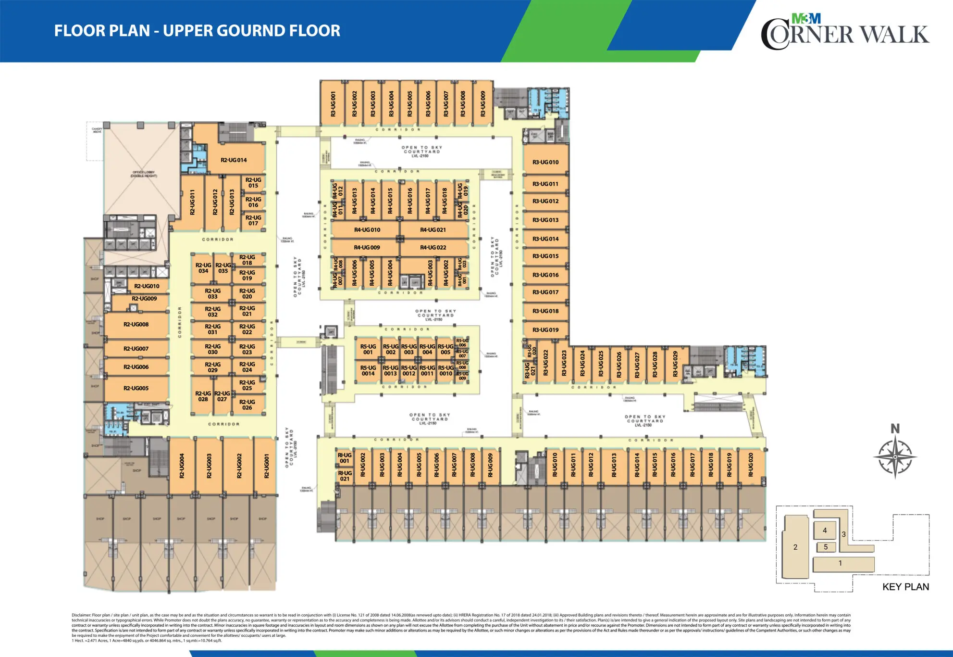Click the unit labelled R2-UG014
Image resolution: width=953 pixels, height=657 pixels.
pos(234,160)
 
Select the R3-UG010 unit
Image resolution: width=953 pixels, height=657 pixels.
pos(545,163)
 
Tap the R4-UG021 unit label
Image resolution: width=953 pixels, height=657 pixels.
pos(433,230)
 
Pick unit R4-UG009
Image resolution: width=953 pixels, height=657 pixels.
pos(367,248)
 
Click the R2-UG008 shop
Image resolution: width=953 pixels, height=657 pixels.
pos(136,325)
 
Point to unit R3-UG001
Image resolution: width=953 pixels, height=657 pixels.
pos(333,104)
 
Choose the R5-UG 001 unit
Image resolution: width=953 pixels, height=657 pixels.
pos(368,350)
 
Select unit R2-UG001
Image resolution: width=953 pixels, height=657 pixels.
pos(267,466)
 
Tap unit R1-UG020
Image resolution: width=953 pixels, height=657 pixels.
pos(751,465)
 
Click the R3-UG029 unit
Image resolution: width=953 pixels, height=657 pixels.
pos(675,364)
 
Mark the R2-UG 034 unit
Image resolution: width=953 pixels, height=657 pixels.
pos(203,268)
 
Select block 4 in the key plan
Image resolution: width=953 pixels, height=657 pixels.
pos(825,531)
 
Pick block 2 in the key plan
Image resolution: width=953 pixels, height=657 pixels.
pos(795,547)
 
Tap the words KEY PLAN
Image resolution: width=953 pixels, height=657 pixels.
pos(905,587)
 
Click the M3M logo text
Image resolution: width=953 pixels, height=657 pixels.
pos(806,19)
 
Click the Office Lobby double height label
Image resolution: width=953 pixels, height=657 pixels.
pos(143,174)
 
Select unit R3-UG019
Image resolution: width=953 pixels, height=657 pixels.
pos(545,330)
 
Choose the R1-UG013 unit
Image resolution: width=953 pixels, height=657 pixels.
pos(614,465)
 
